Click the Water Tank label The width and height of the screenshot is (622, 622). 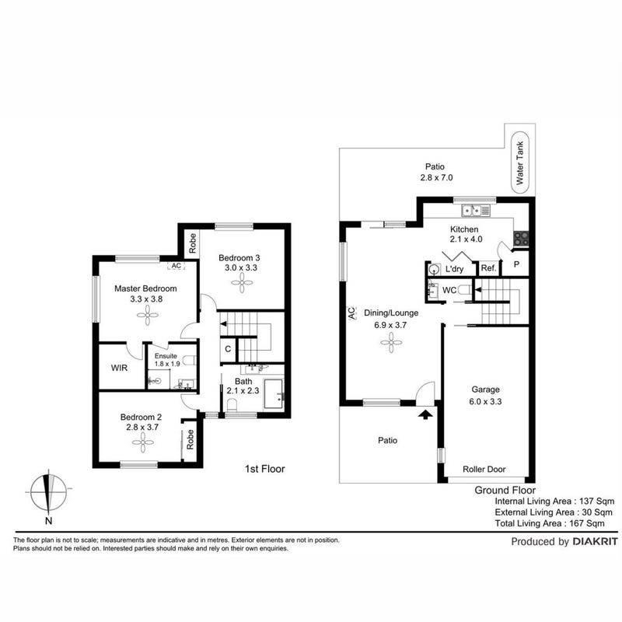pyautogui.click(x=519, y=162)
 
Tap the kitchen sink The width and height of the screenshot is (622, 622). pyautogui.click(x=476, y=210)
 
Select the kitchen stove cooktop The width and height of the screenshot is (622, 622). pyautogui.click(x=521, y=239)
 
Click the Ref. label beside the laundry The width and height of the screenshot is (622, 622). pyautogui.click(x=488, y=268)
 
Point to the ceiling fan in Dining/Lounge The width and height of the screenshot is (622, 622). pyautogui.click(x=391, y=342)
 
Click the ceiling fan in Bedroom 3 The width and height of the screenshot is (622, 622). pyautogui.click(x=242, y=283)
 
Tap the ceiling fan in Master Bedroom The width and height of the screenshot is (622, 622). pyautogui.click(x=148, y=316)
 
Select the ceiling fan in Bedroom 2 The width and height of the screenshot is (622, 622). pyautogui.click(x=142, y=442)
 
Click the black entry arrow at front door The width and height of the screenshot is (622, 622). pyautogui.click(x=425, y=414)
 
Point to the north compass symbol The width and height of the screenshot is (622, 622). pyautogui.click(x=49, y=493)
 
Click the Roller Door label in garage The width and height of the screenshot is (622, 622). pyautogui.click(x=484, y=470)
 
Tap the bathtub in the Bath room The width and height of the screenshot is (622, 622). pyautogui.click(x=274, y=393)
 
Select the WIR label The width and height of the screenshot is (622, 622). pyautogui.click(x=119, y=368)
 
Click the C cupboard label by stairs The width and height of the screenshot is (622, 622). pyautogui.click(x=228, y=349)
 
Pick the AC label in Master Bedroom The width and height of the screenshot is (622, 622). pyautogui.click(x=176, y=266)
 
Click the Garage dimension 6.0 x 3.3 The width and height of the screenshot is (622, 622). pyautogui.click(x=485, y=401)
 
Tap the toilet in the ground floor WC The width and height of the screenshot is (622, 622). pyautogui.click(x=464, y=290)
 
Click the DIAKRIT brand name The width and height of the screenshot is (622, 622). pyautogui.click(x=595, y=541)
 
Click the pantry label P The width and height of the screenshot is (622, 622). pyautogui.click(x=516, y=264)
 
